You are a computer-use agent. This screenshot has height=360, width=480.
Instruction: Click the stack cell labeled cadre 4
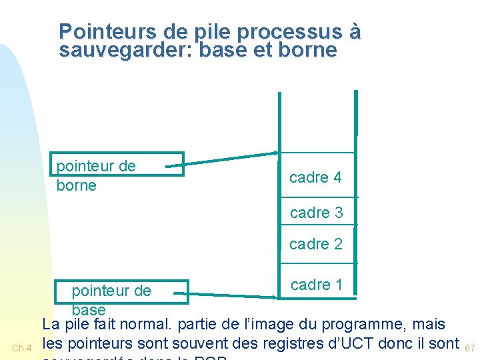tap(315, 177)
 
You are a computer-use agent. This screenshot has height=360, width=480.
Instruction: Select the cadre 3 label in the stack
tap(316, 213)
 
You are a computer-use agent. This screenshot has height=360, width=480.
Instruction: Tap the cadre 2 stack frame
tap(316, 244)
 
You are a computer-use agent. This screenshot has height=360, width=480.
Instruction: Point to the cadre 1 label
tap(316, 285)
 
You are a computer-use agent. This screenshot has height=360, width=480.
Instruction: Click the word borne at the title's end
tap(307, 50)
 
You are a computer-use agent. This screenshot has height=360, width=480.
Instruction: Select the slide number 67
tap(470, 347)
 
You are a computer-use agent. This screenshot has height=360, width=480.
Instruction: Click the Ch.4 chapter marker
tap(22, 347)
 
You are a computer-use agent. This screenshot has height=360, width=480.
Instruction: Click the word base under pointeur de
tap(89, 309)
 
